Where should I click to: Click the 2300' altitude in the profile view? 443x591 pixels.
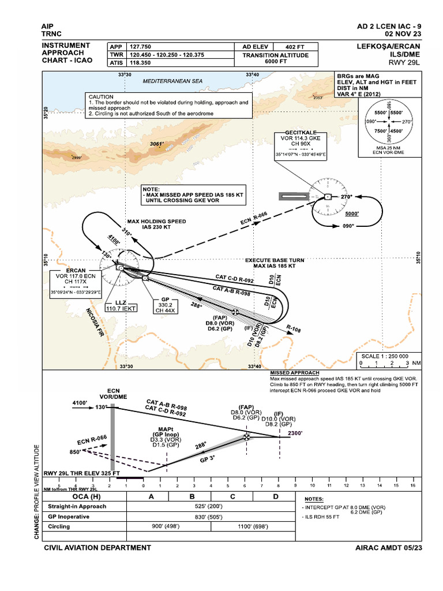pos(295,433)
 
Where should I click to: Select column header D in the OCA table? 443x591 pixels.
pos(275,496)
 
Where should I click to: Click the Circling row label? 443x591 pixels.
pos(59,526)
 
